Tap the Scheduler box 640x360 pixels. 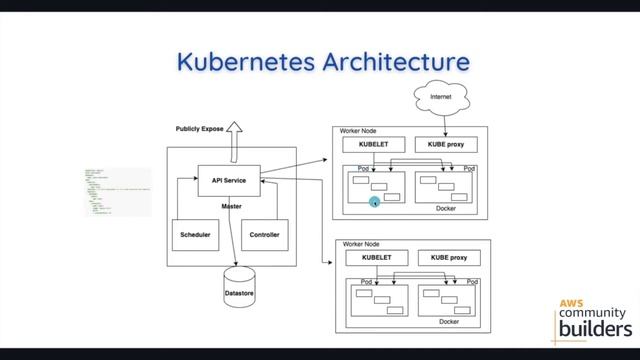click(x=194, y=235)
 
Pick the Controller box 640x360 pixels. click(x=264, y=235)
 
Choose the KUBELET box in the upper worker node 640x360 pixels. click(x=366, y=144)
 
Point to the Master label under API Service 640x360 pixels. click(x=231, y=206)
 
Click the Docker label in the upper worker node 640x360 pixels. click(x=446, y=208)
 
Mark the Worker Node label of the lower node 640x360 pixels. click(x=362, y=244)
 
